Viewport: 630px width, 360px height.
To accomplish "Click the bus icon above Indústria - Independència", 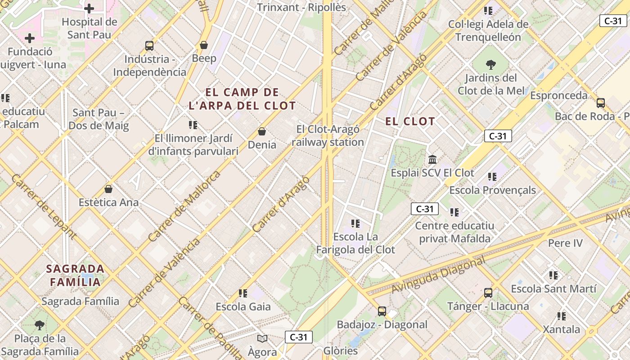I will [149, 45].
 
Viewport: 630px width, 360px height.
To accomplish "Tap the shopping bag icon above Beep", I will [204, 45].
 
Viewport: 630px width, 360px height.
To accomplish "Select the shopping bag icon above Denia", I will [262, 131].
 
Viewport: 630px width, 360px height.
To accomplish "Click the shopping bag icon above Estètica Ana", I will [108, 189].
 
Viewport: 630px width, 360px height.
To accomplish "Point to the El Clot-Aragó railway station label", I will [328, 136].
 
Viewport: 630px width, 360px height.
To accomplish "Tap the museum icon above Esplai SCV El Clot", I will [433, 159].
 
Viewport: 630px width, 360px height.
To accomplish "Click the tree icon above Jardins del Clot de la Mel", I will [491, 65].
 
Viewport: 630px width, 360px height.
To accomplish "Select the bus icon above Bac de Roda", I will [601, 103].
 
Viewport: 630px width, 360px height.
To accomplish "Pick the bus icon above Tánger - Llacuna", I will [488, 293].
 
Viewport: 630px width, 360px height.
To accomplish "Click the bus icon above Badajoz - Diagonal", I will [382, 311].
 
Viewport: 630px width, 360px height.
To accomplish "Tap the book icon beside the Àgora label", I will [262, 338].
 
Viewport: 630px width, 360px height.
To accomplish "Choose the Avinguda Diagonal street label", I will [439, 274].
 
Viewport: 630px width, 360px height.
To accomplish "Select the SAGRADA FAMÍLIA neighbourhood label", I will [76, 275].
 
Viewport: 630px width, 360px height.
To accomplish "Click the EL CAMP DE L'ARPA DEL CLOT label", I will [242, 99].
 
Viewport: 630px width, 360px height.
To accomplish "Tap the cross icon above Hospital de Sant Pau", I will [89, 8].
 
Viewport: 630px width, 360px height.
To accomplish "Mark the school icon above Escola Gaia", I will [243, 293].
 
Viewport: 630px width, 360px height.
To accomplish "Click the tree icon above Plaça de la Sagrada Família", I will [40, 324].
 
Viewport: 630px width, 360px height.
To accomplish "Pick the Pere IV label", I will [565, 243].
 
